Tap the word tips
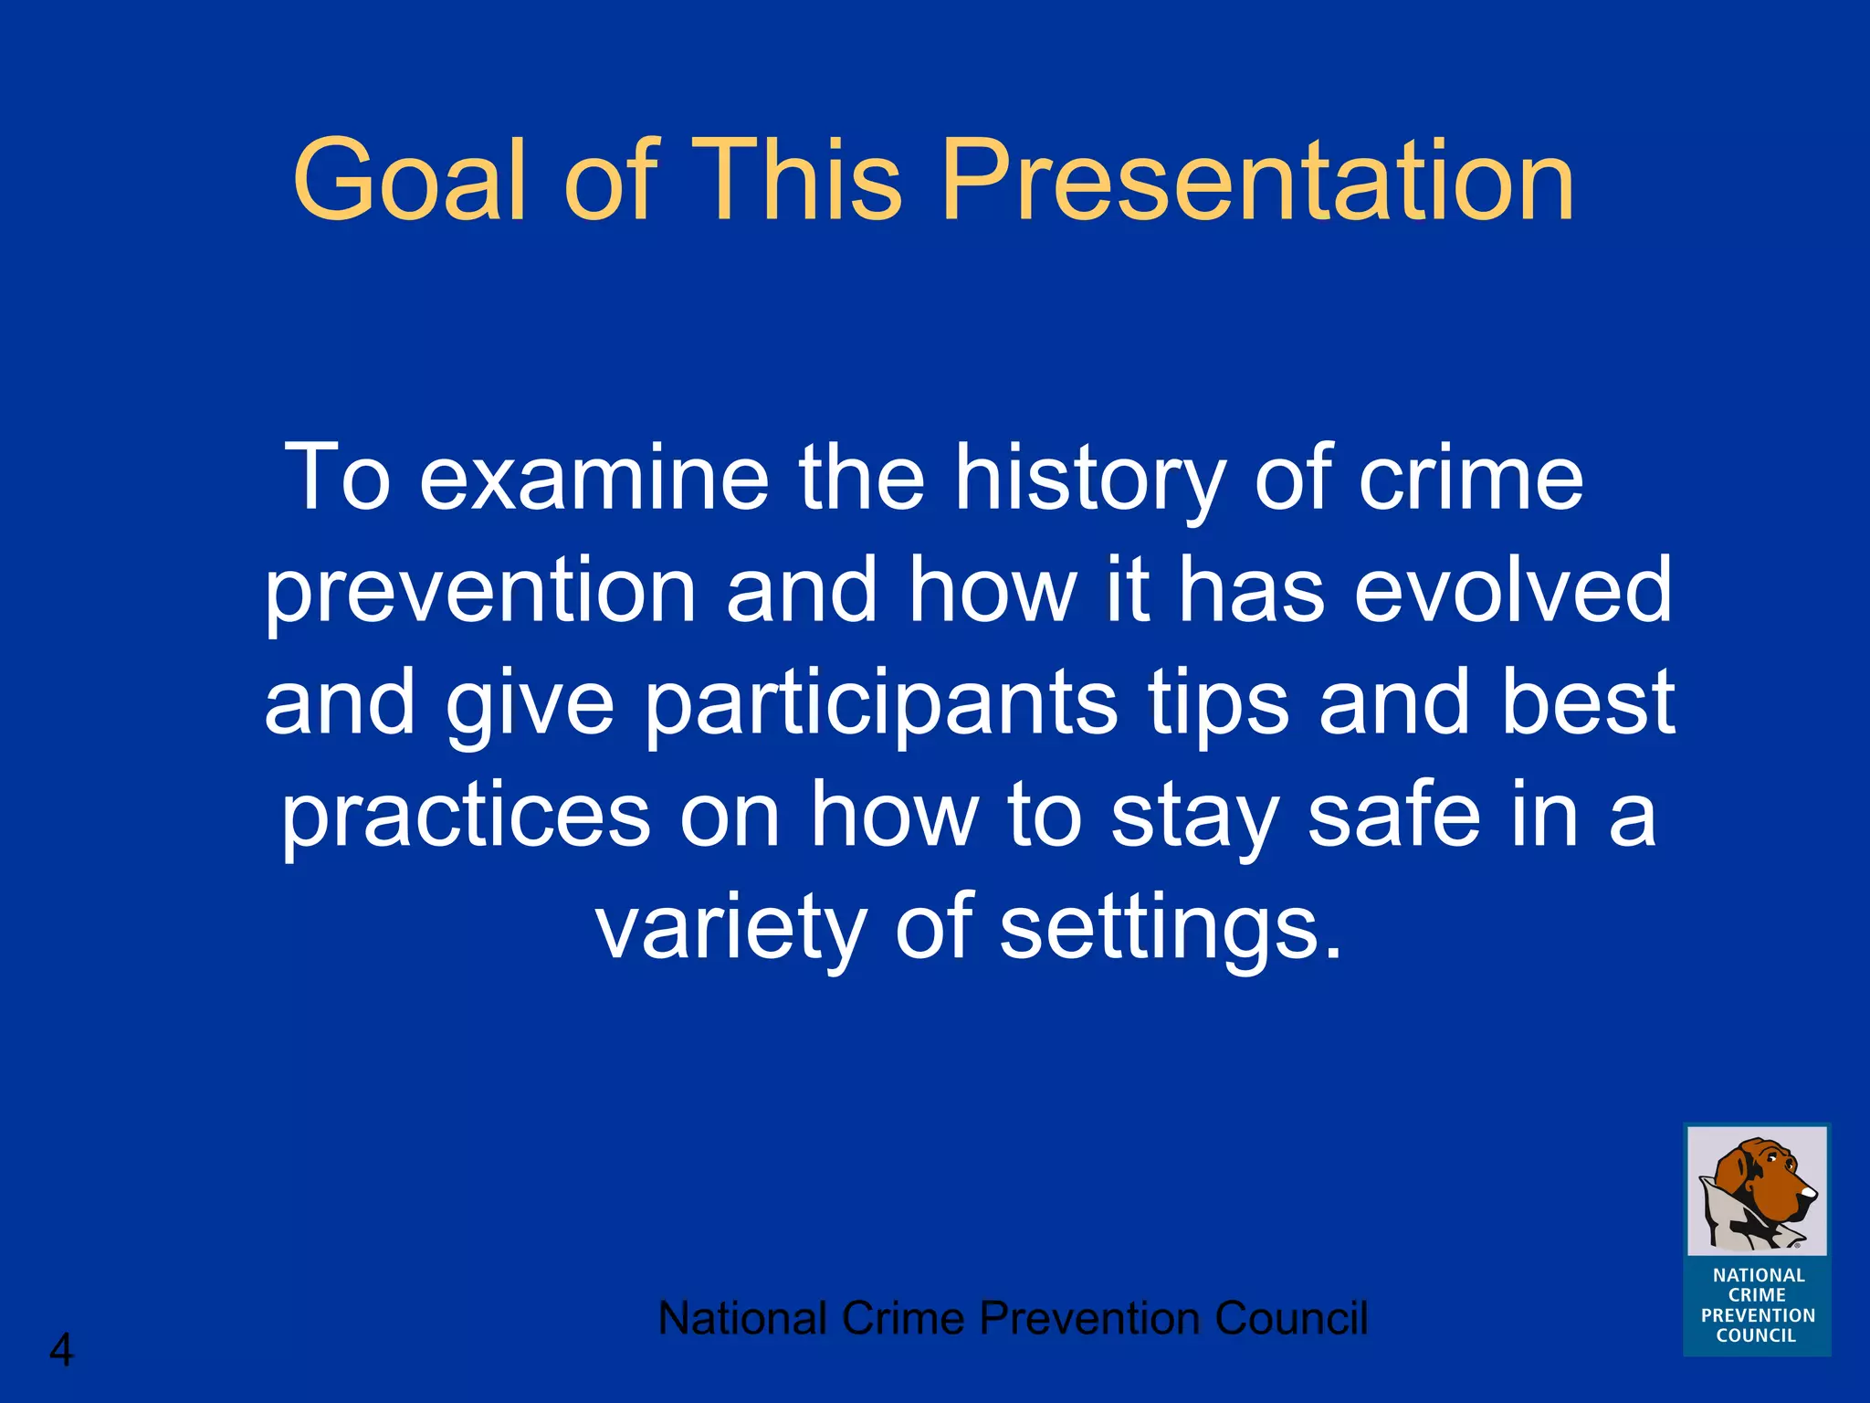pos(1218,703)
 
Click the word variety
pos(730,927)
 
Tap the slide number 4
pos(60,1350)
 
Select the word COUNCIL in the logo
pos(1756,1335)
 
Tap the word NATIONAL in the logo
pos(1759,1275)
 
